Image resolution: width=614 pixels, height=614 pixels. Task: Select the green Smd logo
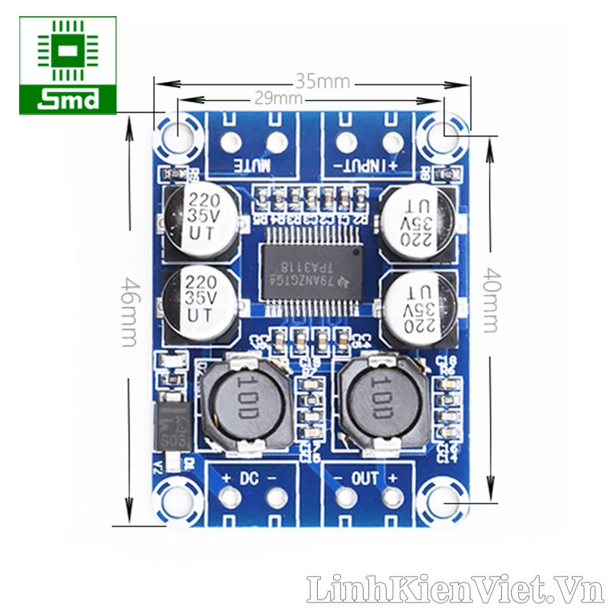pos(68,65)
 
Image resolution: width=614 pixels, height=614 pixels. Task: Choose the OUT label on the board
pos(365,478)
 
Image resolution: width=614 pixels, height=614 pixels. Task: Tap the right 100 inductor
pos(383,403)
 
